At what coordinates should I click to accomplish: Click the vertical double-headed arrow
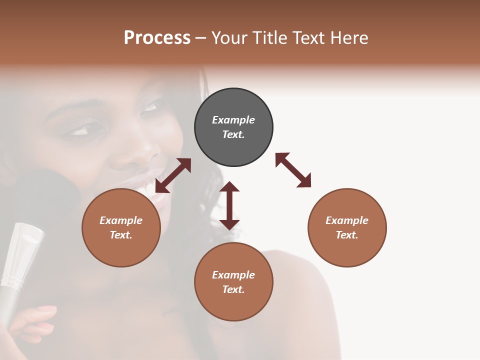tap(229, 205)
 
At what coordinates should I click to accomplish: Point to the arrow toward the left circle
tap(173, 175)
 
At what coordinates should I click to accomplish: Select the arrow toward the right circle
tap(293, 170)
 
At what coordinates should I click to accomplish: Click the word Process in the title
tap(157, 37)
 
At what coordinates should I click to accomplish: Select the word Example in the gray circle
tap(233, 120)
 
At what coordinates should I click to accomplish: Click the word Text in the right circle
tap(347, 235)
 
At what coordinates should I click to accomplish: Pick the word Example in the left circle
tap(121, 220)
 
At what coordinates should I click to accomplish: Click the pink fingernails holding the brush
tap(47, 310)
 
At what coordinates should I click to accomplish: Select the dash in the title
tap(201, 37)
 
